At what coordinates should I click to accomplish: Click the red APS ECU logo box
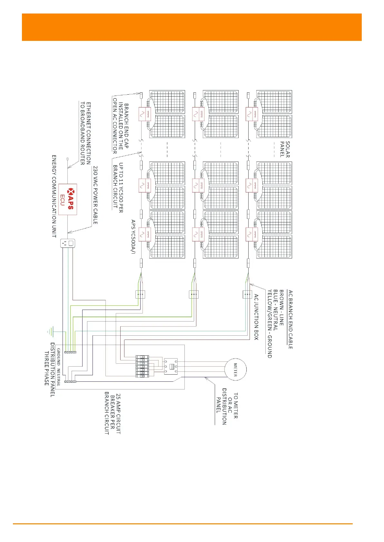(x=68, y=199)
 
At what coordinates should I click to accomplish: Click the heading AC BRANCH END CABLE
(x=290, y=319)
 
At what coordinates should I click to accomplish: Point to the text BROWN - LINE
(x=281, y=308)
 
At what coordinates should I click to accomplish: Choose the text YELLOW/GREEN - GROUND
(x=270, y=323)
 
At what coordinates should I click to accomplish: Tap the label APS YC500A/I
(x=133, y=237)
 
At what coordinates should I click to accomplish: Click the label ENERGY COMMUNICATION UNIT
(x=54, y=196)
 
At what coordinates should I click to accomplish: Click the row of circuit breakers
(x=142, y=366)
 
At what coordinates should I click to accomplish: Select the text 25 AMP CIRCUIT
(x=118, y=414)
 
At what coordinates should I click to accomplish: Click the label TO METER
(x=236, y=405)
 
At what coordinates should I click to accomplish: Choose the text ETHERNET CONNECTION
(x=88, y=133)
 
